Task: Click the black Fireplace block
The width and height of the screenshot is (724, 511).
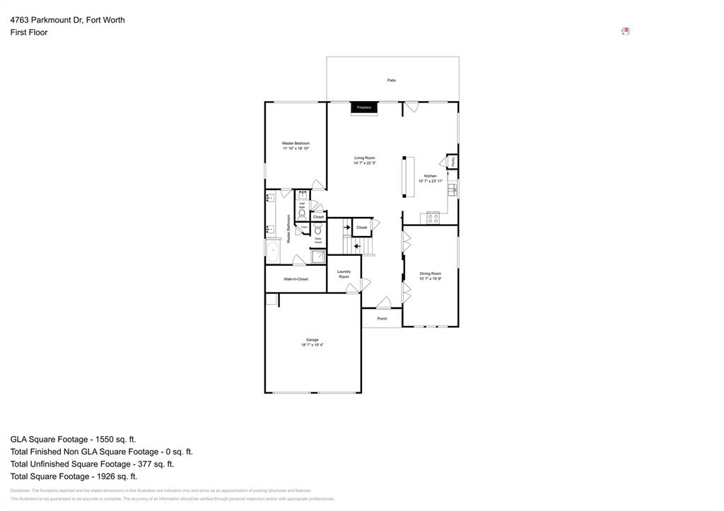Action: click(363, 107)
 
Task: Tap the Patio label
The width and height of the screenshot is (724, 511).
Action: click(391, 81)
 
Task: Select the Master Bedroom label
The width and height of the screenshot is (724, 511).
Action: click(296, 143)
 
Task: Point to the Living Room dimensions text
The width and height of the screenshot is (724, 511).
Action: click(365, 163)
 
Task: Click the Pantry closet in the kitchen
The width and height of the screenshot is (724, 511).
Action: click(452, 161)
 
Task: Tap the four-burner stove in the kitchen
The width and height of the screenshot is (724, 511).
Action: click(433, 218)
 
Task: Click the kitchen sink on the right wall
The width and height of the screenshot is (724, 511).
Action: click(453, 189)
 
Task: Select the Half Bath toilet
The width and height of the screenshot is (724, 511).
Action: click(302, 213)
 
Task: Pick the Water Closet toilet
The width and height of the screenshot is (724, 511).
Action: click(318, 230)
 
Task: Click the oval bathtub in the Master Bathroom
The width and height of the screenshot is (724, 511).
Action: click(273, 249)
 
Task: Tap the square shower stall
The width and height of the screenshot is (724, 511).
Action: click(319, 257)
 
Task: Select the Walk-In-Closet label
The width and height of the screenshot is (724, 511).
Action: click(296, 279)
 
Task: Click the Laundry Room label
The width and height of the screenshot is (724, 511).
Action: click(344, 274)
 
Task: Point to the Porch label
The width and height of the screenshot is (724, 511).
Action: click(382, 319)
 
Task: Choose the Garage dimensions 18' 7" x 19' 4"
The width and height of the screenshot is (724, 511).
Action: click(312, 345)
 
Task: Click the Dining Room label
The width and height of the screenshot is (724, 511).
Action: click(430, 274)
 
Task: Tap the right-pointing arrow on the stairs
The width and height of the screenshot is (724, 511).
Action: click(346, 227)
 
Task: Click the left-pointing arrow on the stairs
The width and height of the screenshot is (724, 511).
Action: click(358, 247)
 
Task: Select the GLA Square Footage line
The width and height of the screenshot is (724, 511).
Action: click(73, 439)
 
